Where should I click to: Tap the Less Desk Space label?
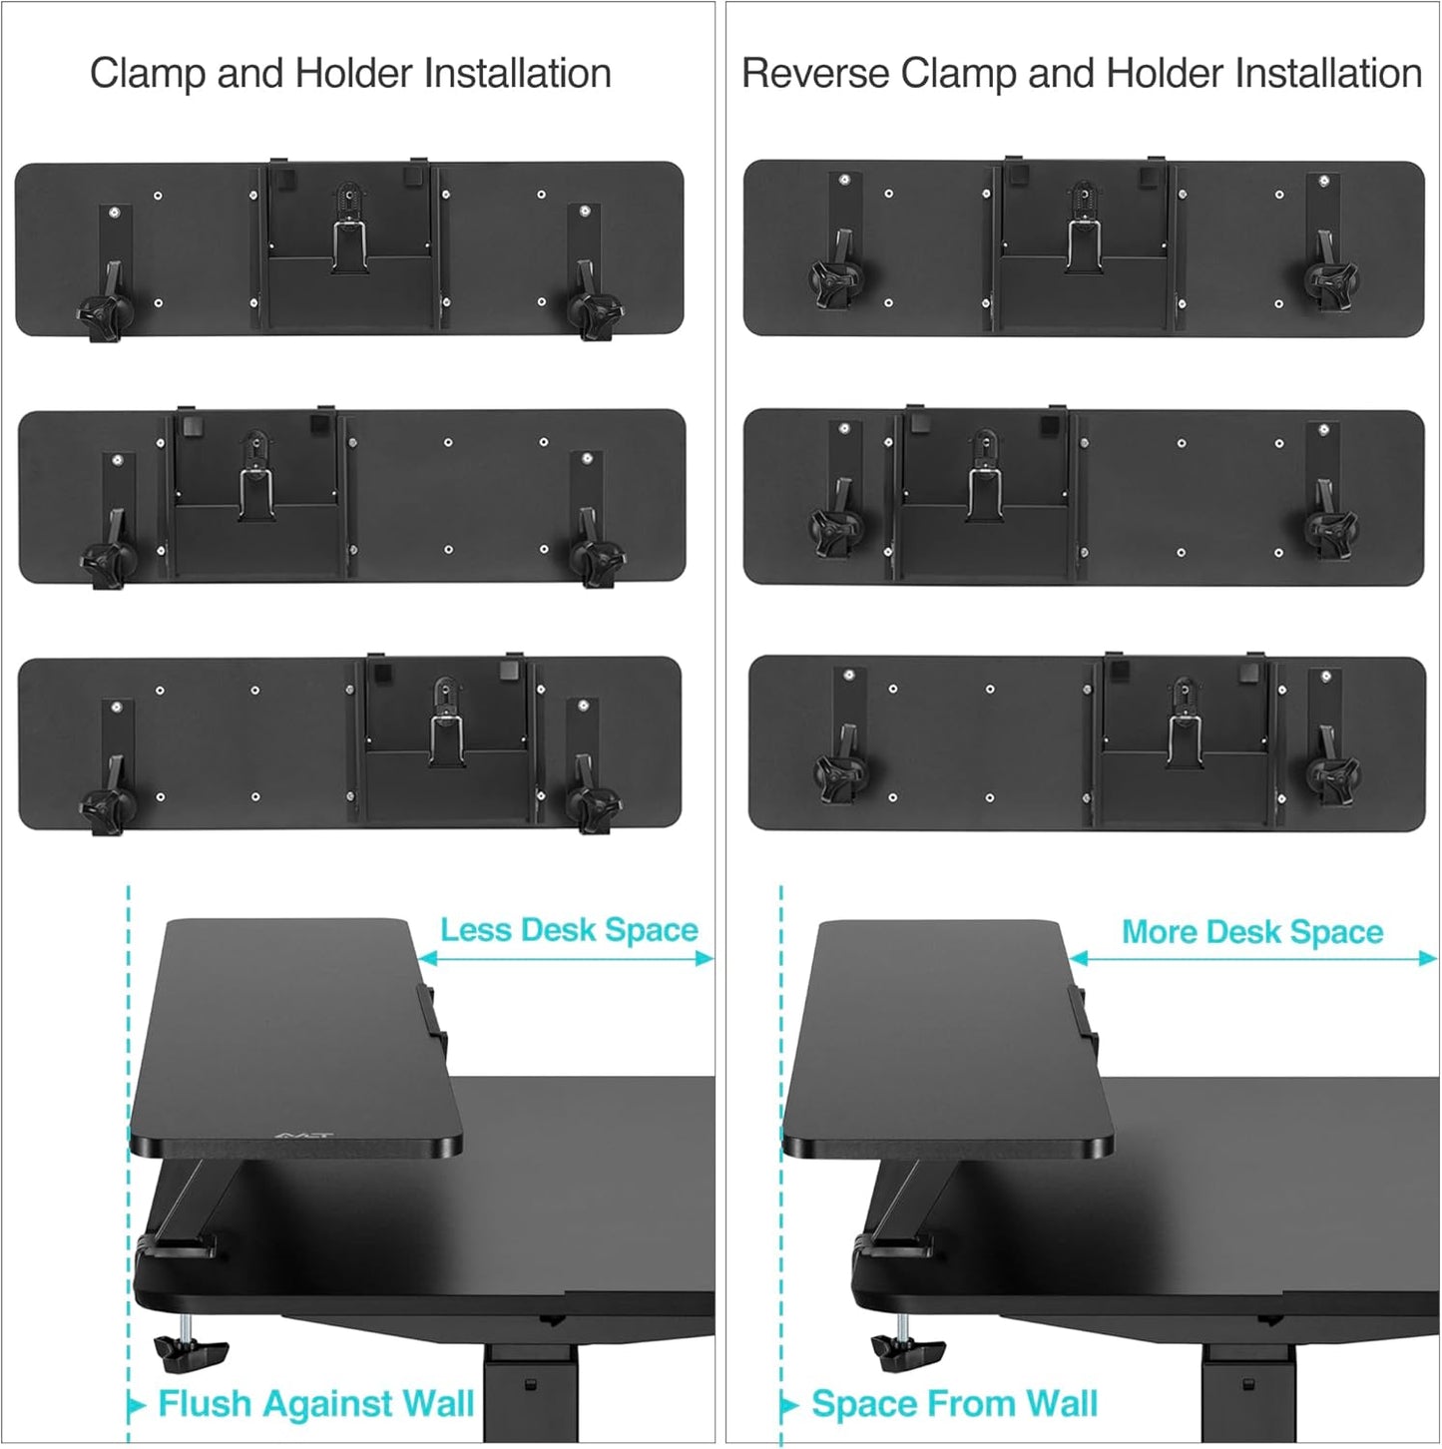(x=569, y=930)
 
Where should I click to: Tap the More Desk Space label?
(x=1252, y=932)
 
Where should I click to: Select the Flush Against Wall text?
(x=315, y=1403)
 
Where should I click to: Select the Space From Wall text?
(x=954, y=1403)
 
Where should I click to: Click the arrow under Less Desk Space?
(x=566, y=958)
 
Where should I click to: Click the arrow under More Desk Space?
(x=1252, y=958)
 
